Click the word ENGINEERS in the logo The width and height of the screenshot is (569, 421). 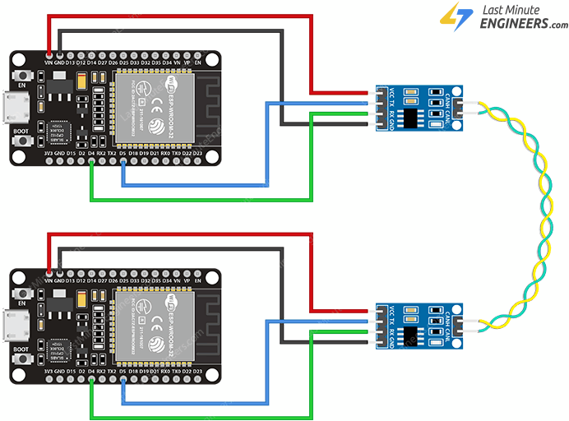pos(515,25)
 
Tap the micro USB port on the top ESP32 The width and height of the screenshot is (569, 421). pos(16,108)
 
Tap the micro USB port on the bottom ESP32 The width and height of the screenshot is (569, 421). pos(16,323)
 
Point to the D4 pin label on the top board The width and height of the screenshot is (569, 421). pos(90,153)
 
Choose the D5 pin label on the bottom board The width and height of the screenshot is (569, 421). pos(123,369)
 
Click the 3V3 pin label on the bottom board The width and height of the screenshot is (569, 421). pos(48,369)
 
